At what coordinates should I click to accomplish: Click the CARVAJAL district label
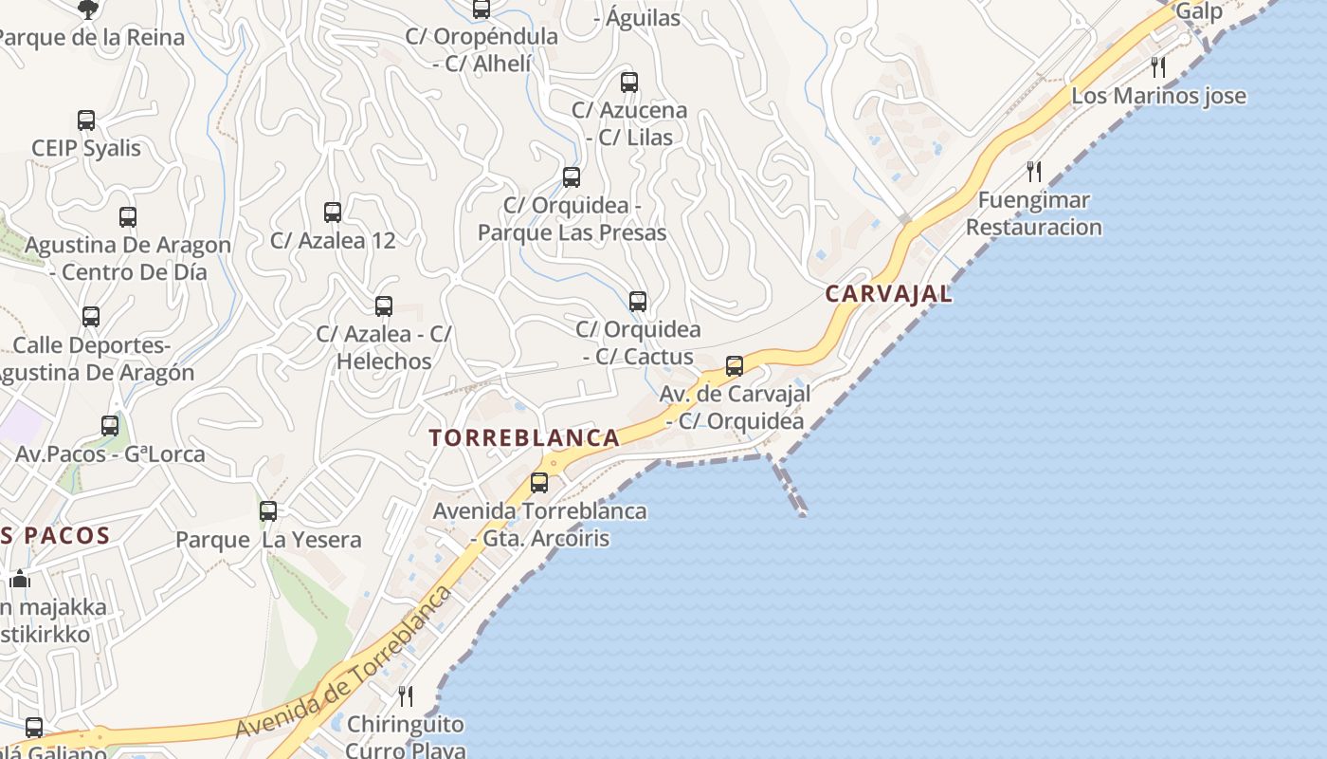click(888, 294)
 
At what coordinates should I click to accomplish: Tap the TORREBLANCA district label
click(524, 438)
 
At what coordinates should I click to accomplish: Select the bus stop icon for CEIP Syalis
click(86, 120)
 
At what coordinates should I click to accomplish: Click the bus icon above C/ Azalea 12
click(333, 213)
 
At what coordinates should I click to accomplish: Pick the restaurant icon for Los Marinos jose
click(1157, 67)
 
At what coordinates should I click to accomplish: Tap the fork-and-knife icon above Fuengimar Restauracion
click(1034, 172)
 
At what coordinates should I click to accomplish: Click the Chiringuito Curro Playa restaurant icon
click(406, 696)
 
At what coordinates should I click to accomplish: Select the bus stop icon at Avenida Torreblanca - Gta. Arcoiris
click(539, 483)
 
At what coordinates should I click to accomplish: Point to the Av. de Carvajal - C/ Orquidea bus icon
click(734, 365)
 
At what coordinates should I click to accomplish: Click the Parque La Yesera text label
click(268, 541)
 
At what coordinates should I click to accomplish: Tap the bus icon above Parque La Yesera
click(268, 511)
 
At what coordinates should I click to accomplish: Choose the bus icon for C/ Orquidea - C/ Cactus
click(638, 302)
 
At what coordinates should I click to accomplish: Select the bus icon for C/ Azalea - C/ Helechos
click(384, 306)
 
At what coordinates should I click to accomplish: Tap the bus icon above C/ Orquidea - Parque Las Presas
click(572, 177)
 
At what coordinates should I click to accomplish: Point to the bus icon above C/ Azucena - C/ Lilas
click(628, 83)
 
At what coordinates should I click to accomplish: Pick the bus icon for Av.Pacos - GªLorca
click(110, 426)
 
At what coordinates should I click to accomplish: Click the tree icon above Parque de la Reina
click(88, 9)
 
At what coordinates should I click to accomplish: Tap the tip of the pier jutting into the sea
click(803, 513)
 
